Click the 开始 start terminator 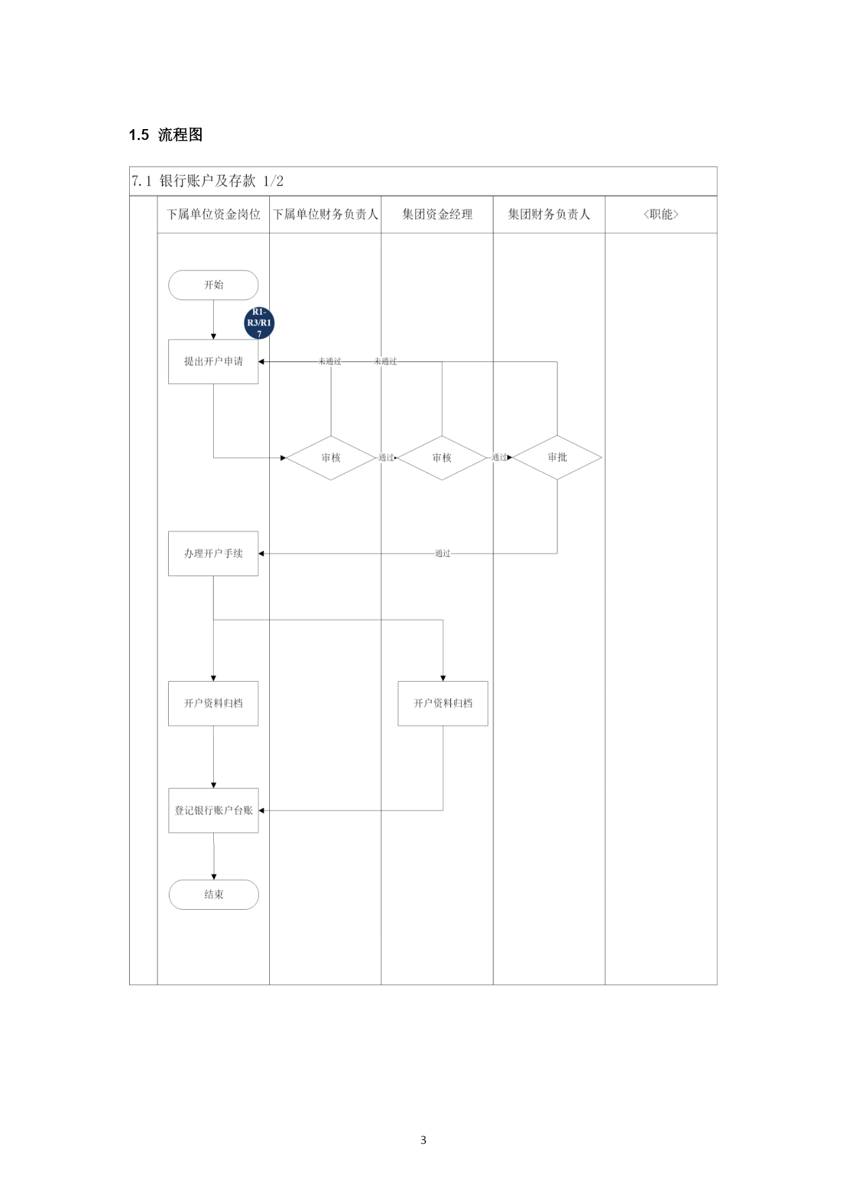coord(213,285)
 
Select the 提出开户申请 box coord(213,361)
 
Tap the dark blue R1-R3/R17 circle coord(259,323)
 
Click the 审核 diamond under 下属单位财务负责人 coord(331,458)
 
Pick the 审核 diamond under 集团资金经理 coord(442,458)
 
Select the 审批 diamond coord(557,458)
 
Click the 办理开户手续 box coord(213,553)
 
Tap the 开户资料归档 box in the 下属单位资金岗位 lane coord(213,703)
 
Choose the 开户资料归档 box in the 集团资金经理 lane coord(443,703)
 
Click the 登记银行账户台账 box coord(213,810)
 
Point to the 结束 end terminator coord(214,894)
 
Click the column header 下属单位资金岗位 coord(214,214)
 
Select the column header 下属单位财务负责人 coord(326,214)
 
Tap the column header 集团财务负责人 coord(549,214)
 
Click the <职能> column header coord(661,214)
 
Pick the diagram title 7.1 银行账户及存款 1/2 coord(208,181)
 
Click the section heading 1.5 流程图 coord(166,135)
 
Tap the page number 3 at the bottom coord(424,1140)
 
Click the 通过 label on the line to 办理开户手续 coord(443,553)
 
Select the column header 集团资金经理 coord(437,214)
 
